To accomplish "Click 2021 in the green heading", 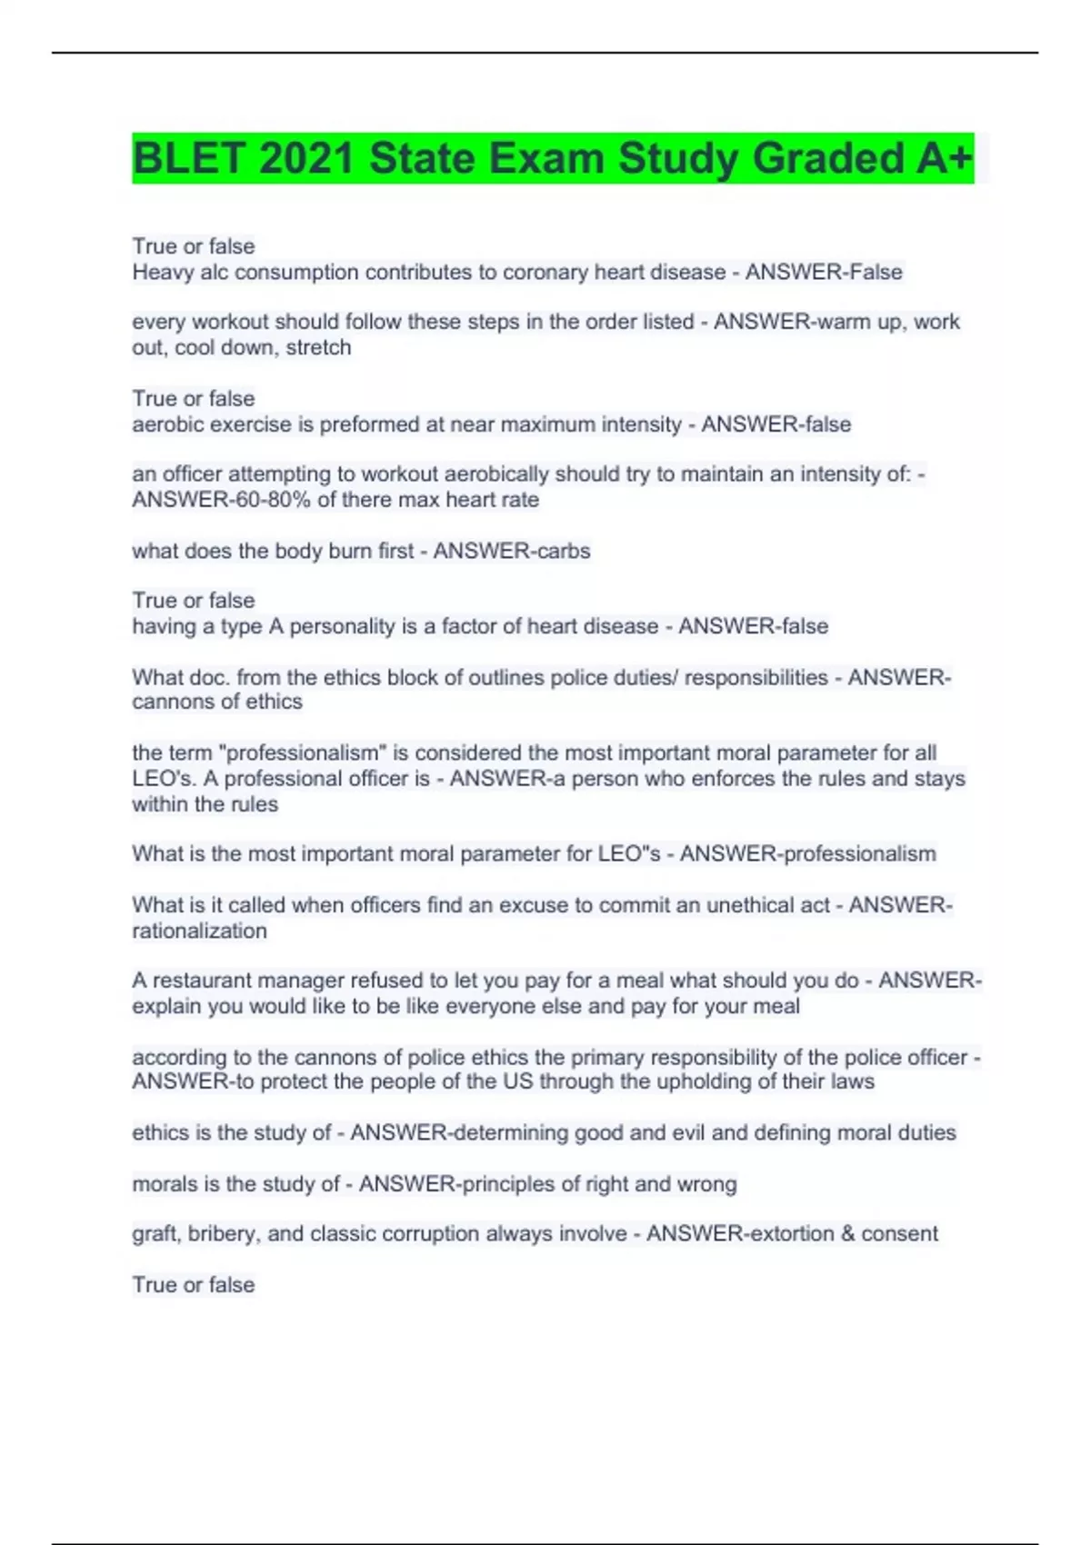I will point(306,158).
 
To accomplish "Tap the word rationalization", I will point(199,931).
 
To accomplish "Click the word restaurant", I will point(203,981).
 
